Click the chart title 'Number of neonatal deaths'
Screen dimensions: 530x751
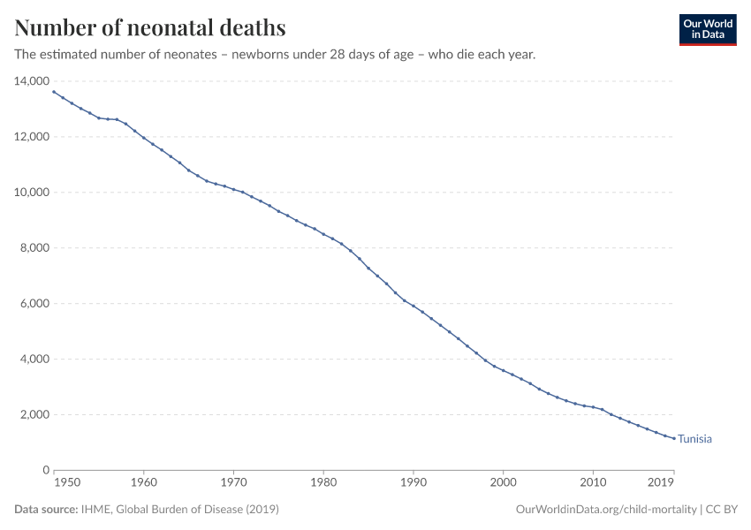(x=150, y=27)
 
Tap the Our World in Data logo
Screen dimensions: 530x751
(x=707, y=29)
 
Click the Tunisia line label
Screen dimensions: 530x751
(x=694, y=439)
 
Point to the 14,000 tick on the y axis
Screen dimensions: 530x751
(x=31, y=81)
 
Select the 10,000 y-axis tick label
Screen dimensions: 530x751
(x=31, y=193)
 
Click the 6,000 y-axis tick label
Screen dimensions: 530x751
(x=34, y=304)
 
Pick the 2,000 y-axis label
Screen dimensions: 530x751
(x=34, y=415)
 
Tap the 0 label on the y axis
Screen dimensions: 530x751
(x=45, y=471)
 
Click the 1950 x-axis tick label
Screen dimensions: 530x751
(x=67, y=483)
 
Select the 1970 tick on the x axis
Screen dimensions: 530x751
(x=233, y=483)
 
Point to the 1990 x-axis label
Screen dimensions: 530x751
(x=413, y=483)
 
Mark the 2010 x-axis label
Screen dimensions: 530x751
(x=592, y=483)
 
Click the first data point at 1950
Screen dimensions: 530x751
(x=54, y=92)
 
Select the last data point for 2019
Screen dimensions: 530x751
(x=673, y=439)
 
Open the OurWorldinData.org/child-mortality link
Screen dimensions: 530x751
(x=605, y=510)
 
